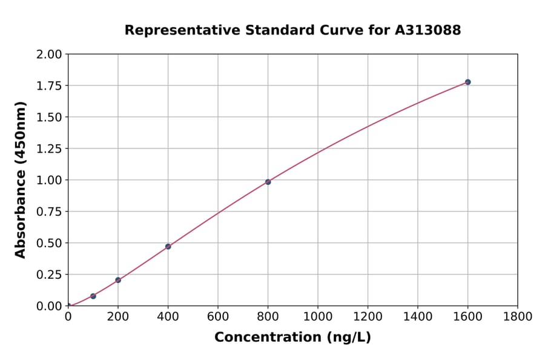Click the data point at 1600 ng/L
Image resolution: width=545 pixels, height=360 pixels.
467,82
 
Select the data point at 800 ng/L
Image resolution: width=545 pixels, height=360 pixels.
268,182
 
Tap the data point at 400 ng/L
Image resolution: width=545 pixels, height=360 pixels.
168,247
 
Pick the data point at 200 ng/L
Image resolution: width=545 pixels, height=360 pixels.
118,280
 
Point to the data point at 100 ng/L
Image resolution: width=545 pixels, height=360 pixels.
93,296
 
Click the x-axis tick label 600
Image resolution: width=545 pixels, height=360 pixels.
218,316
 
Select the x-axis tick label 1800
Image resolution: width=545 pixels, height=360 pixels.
518,316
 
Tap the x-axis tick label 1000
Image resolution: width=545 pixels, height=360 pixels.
318,316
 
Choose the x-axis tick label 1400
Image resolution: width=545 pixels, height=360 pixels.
418,316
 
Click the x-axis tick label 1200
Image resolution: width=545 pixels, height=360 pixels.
368,316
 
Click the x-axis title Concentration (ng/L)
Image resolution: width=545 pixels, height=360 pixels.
292,338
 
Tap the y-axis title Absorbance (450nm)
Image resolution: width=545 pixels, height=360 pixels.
21,180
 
